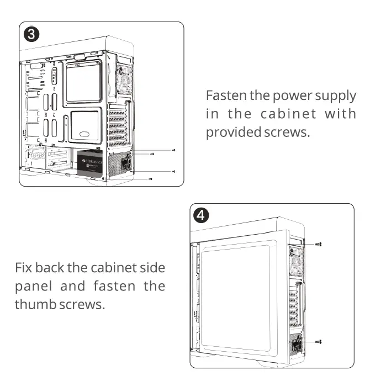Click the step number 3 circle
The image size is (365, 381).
(x=32, y=34)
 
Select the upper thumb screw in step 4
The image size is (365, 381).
(x=319, y=243)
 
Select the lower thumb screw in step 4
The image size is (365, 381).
(x=319, y=343)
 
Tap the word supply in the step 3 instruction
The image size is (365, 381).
(x=335, y=96)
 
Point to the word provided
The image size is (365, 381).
(x=230, y=133)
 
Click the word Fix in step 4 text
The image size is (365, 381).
(x=25, y=267)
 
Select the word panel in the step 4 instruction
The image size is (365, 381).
(x=34, y=286)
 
